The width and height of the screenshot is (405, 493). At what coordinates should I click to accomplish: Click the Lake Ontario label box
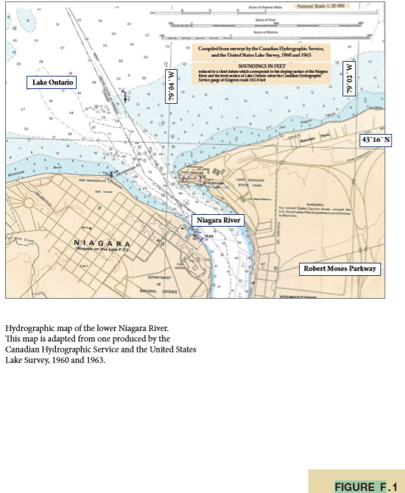(x=52, y=82)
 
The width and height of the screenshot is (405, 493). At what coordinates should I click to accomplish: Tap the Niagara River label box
(x=217, y=220)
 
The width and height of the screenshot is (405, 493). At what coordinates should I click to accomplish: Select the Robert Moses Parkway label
(x=340, y=269)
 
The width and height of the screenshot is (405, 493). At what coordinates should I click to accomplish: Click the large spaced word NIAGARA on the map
(x=102, y=243)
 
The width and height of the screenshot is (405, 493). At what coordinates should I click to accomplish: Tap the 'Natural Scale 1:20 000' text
(x=314, y=5)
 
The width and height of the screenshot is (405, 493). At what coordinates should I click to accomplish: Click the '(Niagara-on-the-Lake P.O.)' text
(x=103, y=249)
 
